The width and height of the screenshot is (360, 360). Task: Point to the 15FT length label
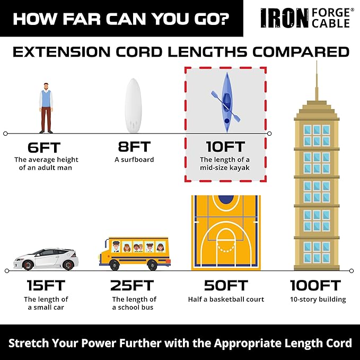46,285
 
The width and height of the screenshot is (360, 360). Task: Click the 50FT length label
225,285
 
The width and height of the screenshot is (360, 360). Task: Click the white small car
46,258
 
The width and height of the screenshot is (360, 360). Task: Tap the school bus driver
116,246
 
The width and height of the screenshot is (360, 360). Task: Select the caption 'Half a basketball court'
225,300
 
